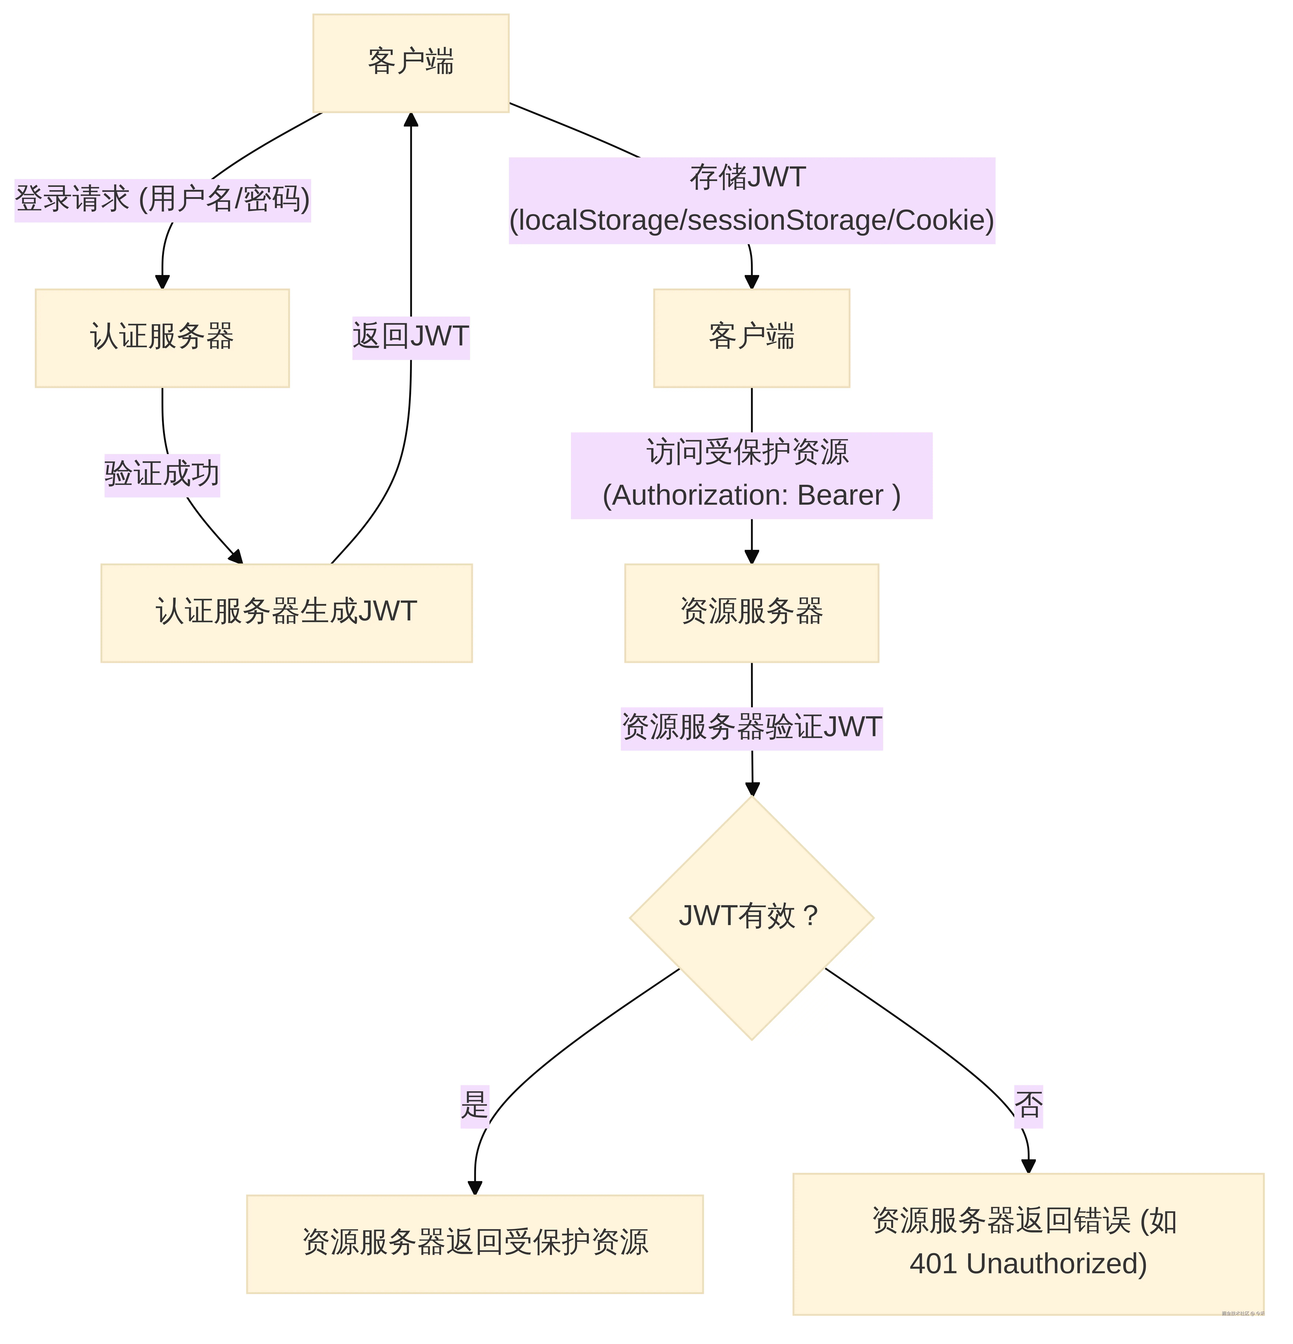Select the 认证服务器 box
pyautogui.click(x=162, y=337)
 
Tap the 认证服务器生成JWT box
pyautogui.click(x=286, y=612)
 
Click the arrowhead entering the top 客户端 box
pyautogui.click(x=411, y=120)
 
